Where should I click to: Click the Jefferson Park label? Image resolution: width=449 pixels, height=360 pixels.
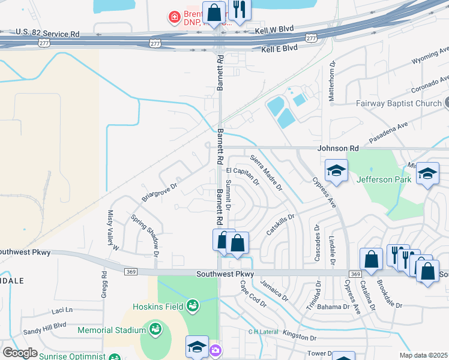pos(384,179)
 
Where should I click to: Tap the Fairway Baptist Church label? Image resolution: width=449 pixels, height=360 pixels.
pos(397,103)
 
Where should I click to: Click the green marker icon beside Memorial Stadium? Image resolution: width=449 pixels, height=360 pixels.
pos(155,329)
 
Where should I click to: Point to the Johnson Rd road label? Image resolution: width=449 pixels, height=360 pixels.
pos(339,148)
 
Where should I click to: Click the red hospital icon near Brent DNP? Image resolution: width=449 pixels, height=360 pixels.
pos(174,16)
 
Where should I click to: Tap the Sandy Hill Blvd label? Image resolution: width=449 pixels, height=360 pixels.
pos(44,325)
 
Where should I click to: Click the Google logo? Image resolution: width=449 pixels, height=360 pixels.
pos(20,353)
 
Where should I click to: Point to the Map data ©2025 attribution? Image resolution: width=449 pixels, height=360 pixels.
pos(423,355)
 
